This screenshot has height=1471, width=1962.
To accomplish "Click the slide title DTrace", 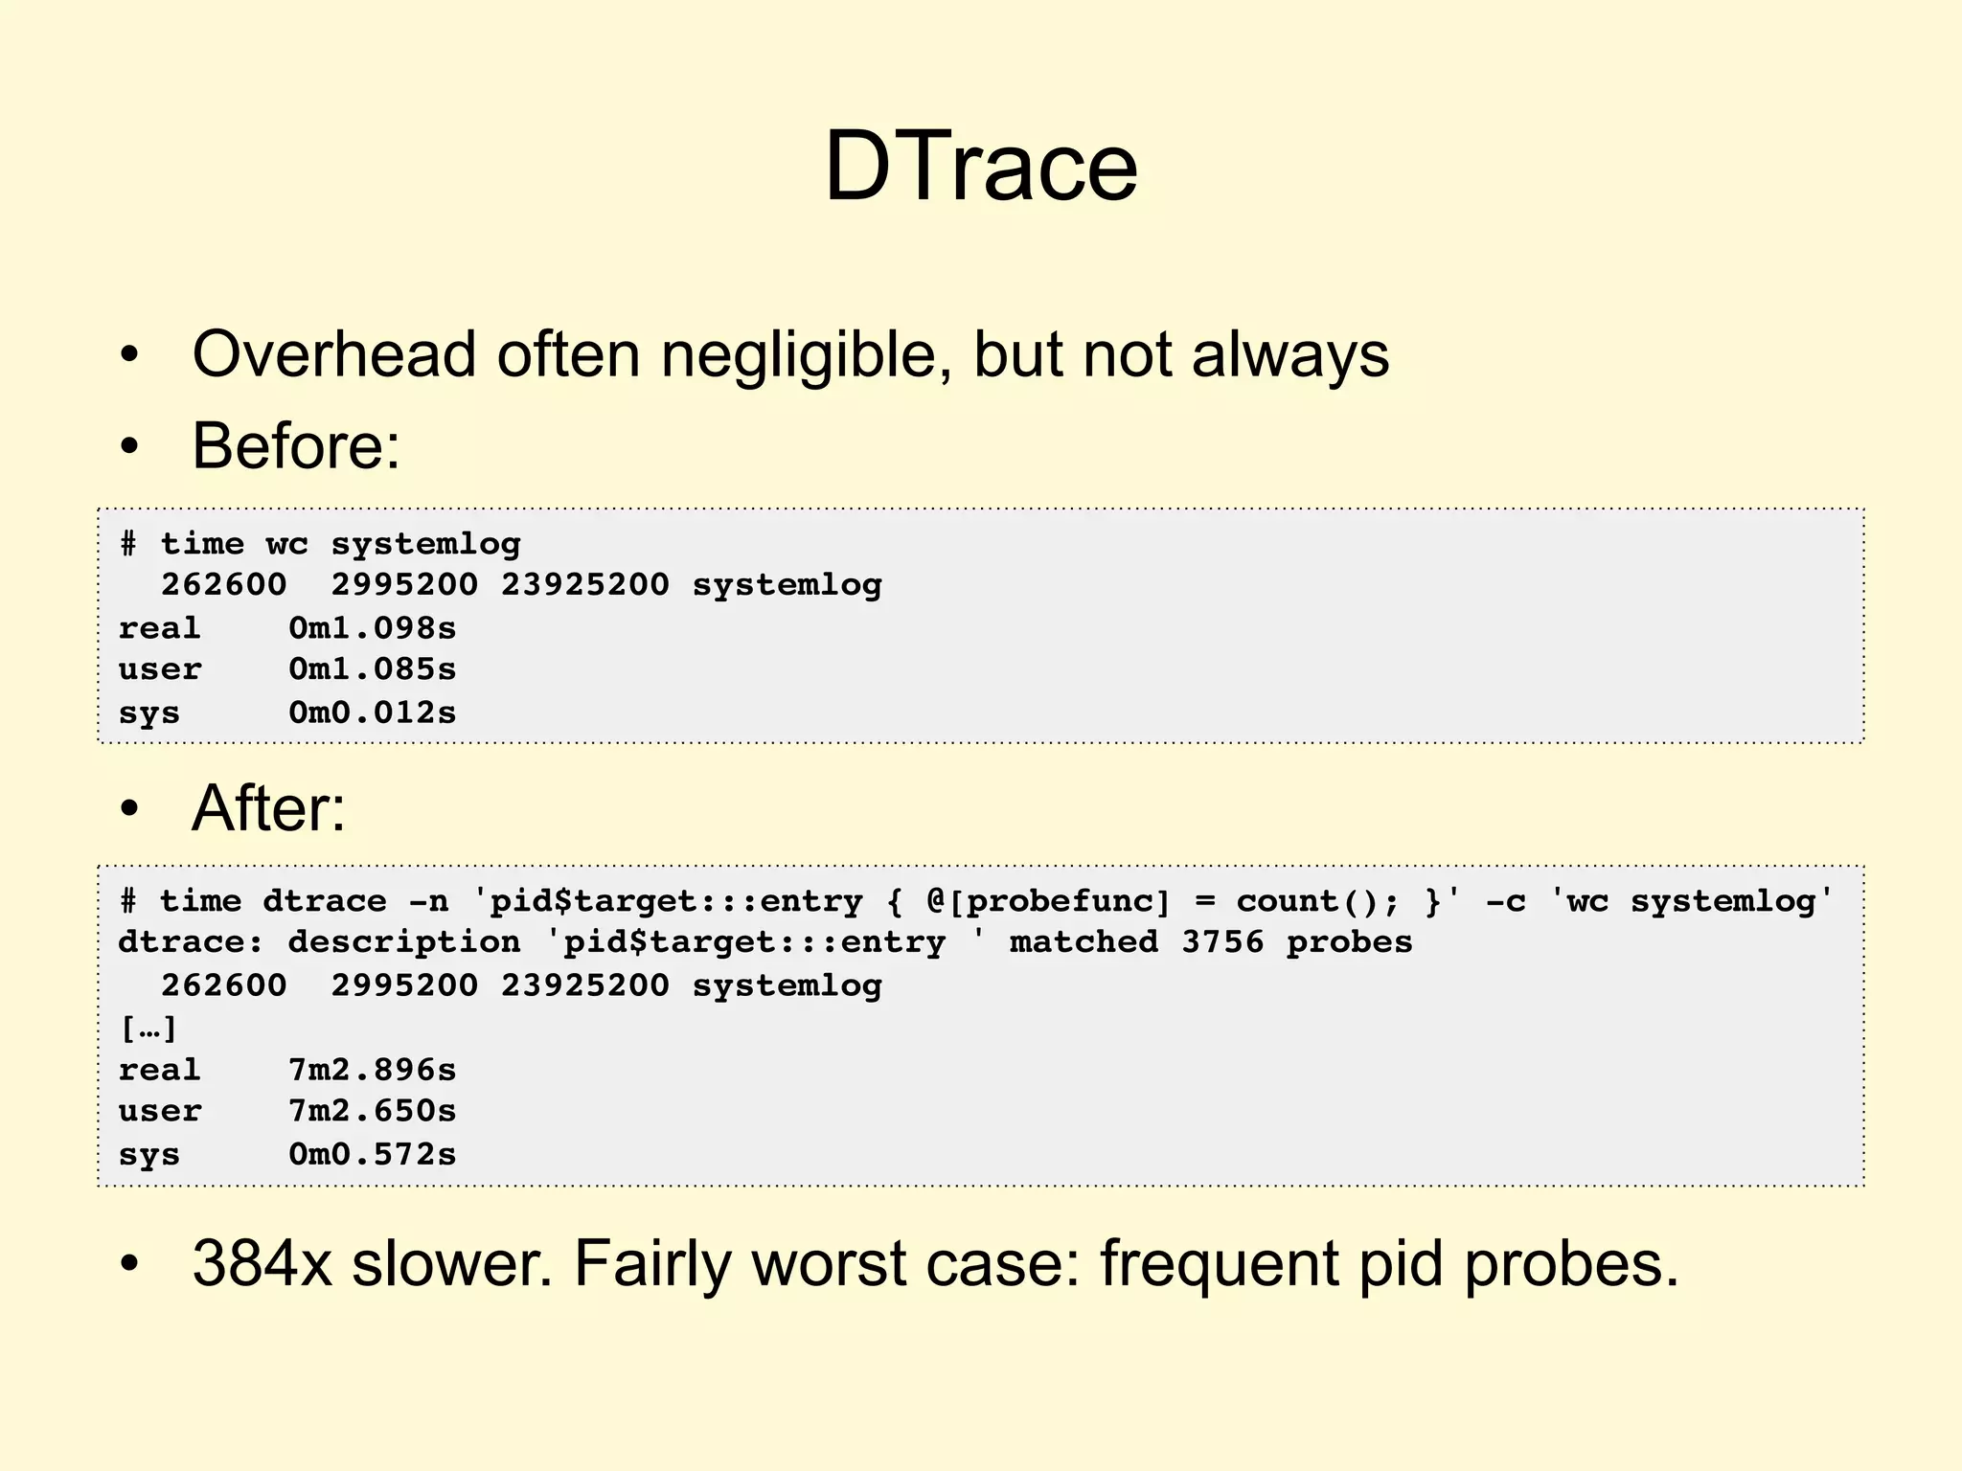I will pos(981,167).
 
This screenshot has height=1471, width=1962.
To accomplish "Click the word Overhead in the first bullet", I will pos(333,354).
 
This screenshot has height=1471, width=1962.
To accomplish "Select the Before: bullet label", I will pos(296,446).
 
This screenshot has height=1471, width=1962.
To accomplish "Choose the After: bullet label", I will pos(268,808).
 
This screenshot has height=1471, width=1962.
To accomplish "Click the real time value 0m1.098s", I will pos(373,628).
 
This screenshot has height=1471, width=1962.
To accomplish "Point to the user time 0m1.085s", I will pos(373,669).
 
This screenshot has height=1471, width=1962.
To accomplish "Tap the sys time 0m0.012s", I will pos(373,713).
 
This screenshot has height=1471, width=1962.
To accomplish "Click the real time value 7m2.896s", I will pos(373,1070).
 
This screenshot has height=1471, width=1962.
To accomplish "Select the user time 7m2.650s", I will pos(373,1111).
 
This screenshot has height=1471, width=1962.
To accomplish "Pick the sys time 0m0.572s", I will pos(373,1154).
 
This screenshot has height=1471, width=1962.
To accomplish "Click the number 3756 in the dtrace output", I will pos(1222,942).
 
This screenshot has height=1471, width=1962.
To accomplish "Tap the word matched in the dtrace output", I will pos(1084,942).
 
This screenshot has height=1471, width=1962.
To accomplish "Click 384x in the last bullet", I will pos(262,1264).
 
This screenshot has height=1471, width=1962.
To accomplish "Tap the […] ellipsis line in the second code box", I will pos(148,1029).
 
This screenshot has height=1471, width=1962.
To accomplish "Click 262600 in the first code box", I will pos(223,585).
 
